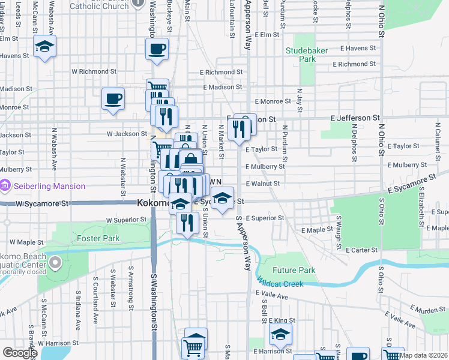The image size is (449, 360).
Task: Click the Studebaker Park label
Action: [307, 55]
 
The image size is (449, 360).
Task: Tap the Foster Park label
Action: [98, 238]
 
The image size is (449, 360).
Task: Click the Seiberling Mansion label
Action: [52, 186]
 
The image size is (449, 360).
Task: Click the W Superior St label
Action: [126, 220]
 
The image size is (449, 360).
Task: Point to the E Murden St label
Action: [427, 310]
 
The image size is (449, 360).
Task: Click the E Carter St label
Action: [361, 250]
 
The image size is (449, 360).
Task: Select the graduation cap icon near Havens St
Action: [44, 46]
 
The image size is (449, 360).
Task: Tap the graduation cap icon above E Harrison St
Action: [279, 335]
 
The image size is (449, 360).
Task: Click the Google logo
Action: [20, 353]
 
